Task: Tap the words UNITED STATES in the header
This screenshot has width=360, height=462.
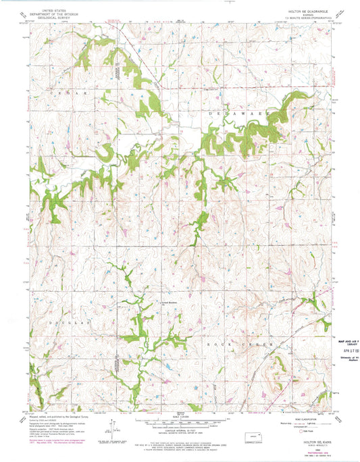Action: pos(53,11)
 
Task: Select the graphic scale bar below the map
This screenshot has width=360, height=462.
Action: pos(179,420)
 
